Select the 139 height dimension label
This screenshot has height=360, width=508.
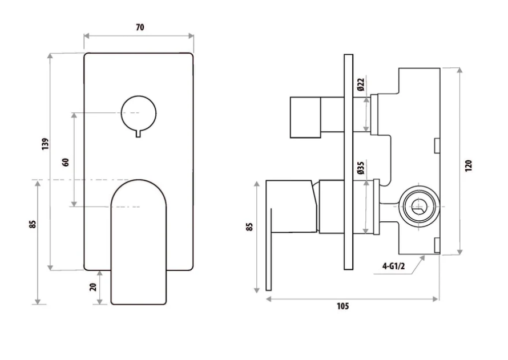(46, 144)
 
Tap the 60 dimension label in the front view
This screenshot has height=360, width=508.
(66, 161)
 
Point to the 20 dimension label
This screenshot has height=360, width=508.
(93, 287)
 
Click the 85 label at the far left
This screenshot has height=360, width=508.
(33, 225)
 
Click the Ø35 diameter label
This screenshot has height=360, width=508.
(361, 167)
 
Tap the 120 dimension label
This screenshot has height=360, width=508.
(469, 165)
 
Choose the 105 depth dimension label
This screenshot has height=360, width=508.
(342, 306)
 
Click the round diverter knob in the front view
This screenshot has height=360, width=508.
(139, 112)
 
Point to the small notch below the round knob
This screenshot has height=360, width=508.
(139, 134)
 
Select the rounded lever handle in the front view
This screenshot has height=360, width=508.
(140, 240)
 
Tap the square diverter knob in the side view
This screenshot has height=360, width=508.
(306, 117)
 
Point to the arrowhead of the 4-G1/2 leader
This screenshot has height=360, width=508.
(423, 257)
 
